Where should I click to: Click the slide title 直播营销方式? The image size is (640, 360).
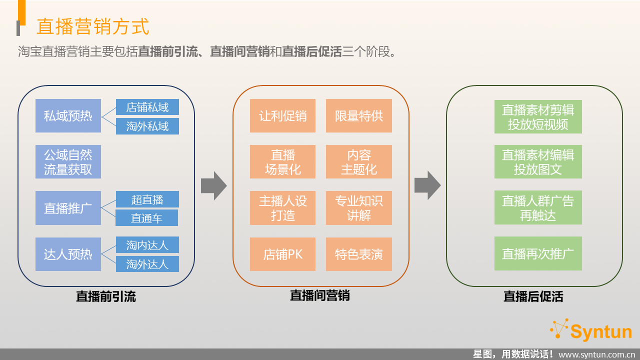coord(93,26)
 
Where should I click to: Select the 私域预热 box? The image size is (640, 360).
coord(68,115)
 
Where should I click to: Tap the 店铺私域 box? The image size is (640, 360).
coord(147,107)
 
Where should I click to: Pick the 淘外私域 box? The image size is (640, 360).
coord(147,126)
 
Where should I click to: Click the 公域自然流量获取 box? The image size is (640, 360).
coord(68,161)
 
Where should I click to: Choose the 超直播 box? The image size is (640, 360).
coord(147,199)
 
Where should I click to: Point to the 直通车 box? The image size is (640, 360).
coord(147,217)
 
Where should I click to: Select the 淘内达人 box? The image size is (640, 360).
coord(147,245)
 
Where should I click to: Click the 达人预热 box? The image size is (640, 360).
coord(68,254)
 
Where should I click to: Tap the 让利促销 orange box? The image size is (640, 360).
coord(282,115)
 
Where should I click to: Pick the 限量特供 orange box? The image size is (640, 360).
coord(359,115)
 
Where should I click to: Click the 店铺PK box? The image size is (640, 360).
coord(282,254)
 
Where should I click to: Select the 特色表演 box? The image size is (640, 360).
coord(359,254)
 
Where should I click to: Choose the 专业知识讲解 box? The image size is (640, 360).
coord(359,208)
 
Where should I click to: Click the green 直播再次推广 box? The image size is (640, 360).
coord(538,253)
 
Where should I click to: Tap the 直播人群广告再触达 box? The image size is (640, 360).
coord(538,207)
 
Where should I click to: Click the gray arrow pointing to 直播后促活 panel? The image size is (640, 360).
coord(427,185)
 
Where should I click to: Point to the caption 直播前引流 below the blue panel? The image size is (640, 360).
coord(105,296)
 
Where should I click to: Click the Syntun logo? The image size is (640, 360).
coord(590,330)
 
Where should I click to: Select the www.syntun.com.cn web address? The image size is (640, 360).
coord(596,355)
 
